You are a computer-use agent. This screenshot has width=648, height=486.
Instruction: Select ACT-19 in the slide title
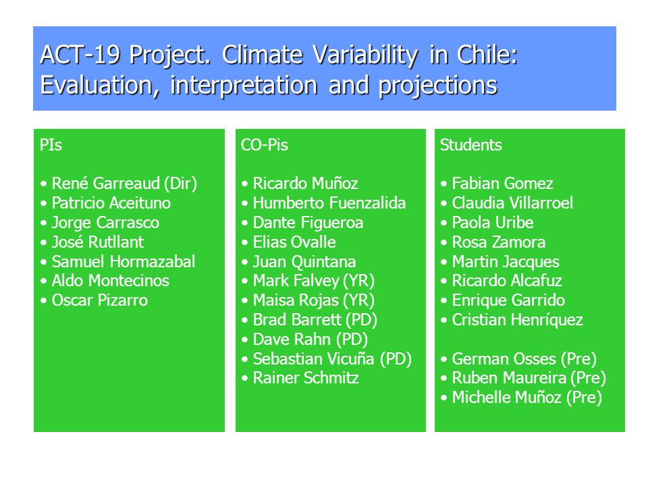point(80,55)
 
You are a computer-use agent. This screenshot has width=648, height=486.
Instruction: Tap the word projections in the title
point(438,86)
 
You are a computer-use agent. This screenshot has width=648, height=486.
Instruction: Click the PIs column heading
point(51,145)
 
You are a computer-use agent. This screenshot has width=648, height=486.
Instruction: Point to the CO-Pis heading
point(265,145)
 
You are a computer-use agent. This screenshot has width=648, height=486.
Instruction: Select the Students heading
point(470,145)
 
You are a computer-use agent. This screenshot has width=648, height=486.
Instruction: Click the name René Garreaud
point(106,183)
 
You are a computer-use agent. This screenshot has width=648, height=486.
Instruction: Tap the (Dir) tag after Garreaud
point(181,184)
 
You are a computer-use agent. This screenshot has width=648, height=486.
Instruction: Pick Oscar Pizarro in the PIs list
point(100,300)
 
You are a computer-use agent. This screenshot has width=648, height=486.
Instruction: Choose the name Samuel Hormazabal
point(124,262)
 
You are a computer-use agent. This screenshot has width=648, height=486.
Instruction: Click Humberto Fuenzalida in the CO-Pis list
point(329,203)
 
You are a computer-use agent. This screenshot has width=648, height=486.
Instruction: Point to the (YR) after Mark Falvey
point(359,281)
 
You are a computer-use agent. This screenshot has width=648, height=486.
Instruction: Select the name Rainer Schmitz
point(306,378)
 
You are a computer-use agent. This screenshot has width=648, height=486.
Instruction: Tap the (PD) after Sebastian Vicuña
point(396,359)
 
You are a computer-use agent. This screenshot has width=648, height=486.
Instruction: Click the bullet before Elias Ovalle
point(245,242)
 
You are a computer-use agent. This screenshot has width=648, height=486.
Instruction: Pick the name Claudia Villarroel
point(512,203)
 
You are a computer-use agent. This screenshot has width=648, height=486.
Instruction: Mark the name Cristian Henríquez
point(518,320)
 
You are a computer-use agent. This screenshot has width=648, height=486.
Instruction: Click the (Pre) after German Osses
point(579,359)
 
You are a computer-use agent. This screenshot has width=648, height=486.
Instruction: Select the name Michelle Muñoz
point(507,398)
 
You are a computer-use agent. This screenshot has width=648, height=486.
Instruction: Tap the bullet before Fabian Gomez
point(444,184)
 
